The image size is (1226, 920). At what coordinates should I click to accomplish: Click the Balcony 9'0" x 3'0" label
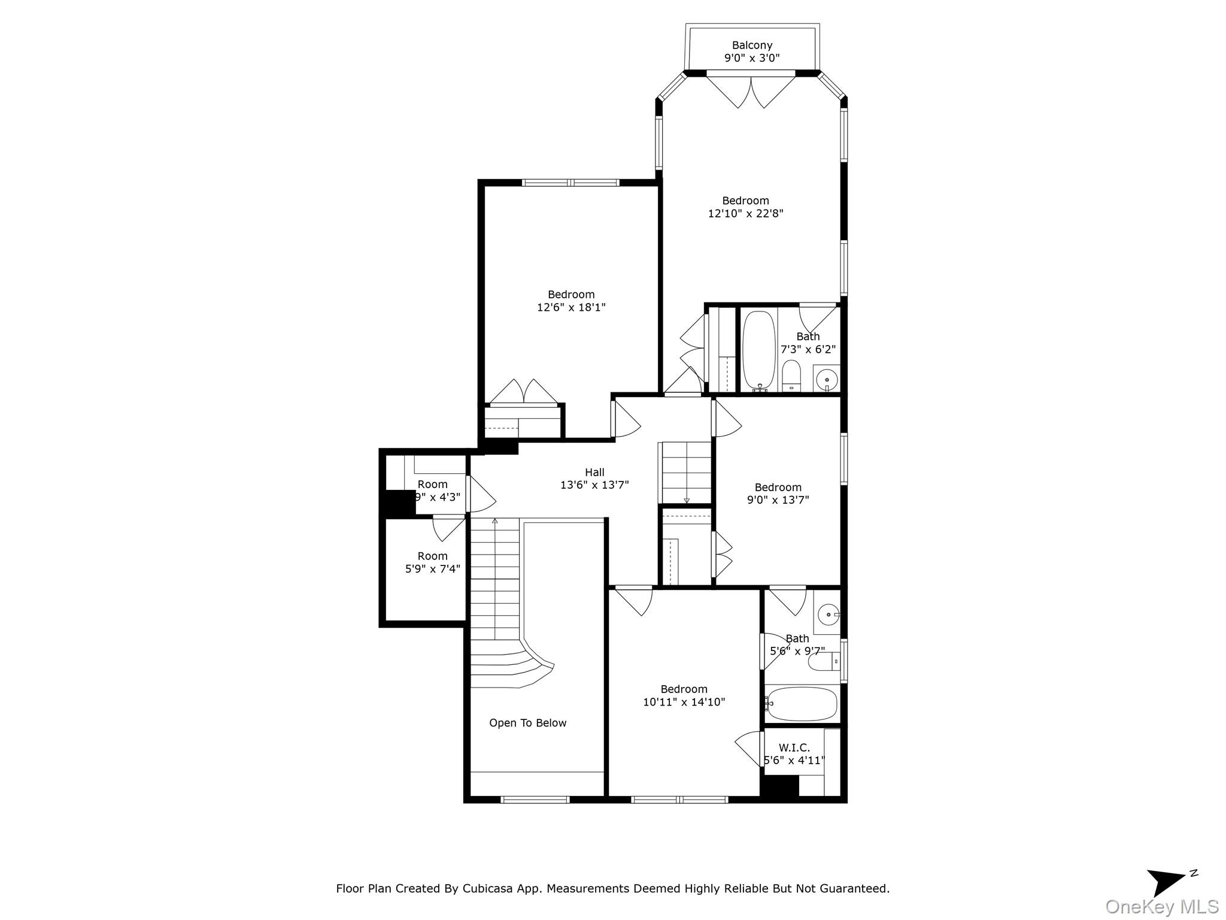tap(752, 52)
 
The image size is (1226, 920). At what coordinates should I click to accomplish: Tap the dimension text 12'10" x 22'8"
tap(745, 214)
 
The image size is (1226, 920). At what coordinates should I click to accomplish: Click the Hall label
tap(594, 473)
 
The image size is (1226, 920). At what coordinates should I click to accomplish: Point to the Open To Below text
tap(527, 723)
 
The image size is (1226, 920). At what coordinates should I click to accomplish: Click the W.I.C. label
tap(794, 748)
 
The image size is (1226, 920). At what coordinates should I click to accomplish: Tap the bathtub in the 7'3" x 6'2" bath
tap(758, 350)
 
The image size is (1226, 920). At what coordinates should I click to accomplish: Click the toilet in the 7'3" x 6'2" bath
tap(791, 376)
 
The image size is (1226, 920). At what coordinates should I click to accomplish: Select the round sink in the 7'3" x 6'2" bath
tap(827, 379)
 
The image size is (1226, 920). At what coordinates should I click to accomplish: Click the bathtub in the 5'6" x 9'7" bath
tap(802, 704)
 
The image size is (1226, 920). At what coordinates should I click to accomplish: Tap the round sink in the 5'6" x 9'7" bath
tap(827, 613)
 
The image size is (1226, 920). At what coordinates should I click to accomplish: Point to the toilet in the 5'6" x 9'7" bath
tap(824, 662)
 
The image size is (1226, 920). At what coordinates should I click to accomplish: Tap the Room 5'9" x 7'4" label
tap(432, 562)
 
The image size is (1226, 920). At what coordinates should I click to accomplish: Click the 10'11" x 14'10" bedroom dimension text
tap(684, 702)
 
